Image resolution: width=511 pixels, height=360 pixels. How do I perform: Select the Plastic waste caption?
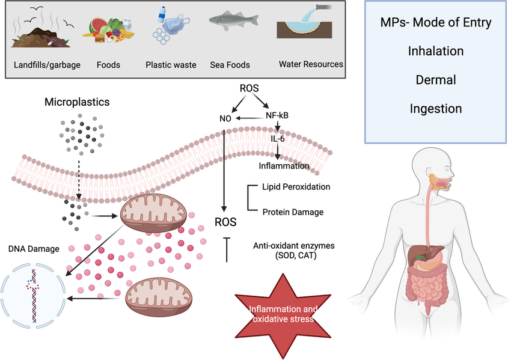(171, 65)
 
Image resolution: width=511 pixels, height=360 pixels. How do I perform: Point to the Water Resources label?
(311, 64)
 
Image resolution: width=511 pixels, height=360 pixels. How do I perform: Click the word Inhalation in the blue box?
(436, 51)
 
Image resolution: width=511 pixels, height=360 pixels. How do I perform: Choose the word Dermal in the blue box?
(436, 79)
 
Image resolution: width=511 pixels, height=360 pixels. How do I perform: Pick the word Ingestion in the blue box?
(436, 109)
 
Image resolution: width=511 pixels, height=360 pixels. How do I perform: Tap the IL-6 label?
(277, 139)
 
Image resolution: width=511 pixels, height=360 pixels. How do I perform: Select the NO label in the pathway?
(225, 118)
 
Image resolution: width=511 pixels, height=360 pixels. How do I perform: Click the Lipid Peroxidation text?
(296, 187)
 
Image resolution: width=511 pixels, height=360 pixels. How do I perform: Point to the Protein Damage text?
(293, 212)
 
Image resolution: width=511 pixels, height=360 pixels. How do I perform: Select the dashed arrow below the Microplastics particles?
(81, 178)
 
